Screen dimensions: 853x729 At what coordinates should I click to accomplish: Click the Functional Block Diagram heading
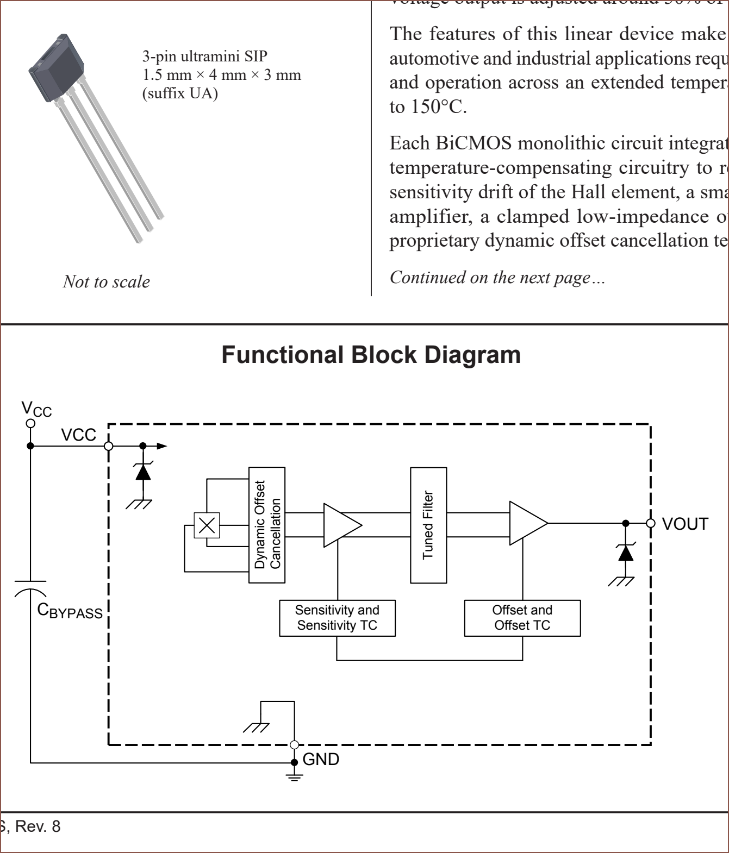coord(371,355)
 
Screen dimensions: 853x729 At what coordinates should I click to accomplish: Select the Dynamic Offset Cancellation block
coord(267,525)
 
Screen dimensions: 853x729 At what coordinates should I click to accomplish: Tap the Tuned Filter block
coord(428,525)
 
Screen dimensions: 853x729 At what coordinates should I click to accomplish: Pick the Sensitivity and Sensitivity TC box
coord(337,618)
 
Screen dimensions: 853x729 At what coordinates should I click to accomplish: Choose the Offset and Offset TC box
coord(522,618)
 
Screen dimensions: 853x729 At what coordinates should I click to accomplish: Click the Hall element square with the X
coord(207,525)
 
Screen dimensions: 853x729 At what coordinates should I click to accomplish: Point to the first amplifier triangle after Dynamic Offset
coord(341,525)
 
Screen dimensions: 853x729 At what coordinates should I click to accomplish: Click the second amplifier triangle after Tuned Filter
coord(527,523)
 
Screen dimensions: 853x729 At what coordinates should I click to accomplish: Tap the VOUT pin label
coord(685,524)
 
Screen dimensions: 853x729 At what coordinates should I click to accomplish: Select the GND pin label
coord(321,759)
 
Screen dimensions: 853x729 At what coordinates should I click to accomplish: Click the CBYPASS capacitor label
coord(70,611)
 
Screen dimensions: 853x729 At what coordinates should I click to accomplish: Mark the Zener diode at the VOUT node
coord(626,553)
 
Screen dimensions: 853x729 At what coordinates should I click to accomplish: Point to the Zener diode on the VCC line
coord(143,472)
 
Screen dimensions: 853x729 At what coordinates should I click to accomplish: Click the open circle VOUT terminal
coord(651,523)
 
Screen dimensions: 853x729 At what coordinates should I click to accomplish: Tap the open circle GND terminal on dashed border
coord(295,745)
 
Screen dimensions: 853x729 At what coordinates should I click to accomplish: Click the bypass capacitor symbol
coord(30,587)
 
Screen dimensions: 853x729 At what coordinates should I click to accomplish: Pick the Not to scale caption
coord(107,281)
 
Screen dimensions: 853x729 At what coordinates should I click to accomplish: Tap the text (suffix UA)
coord(180,93)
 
